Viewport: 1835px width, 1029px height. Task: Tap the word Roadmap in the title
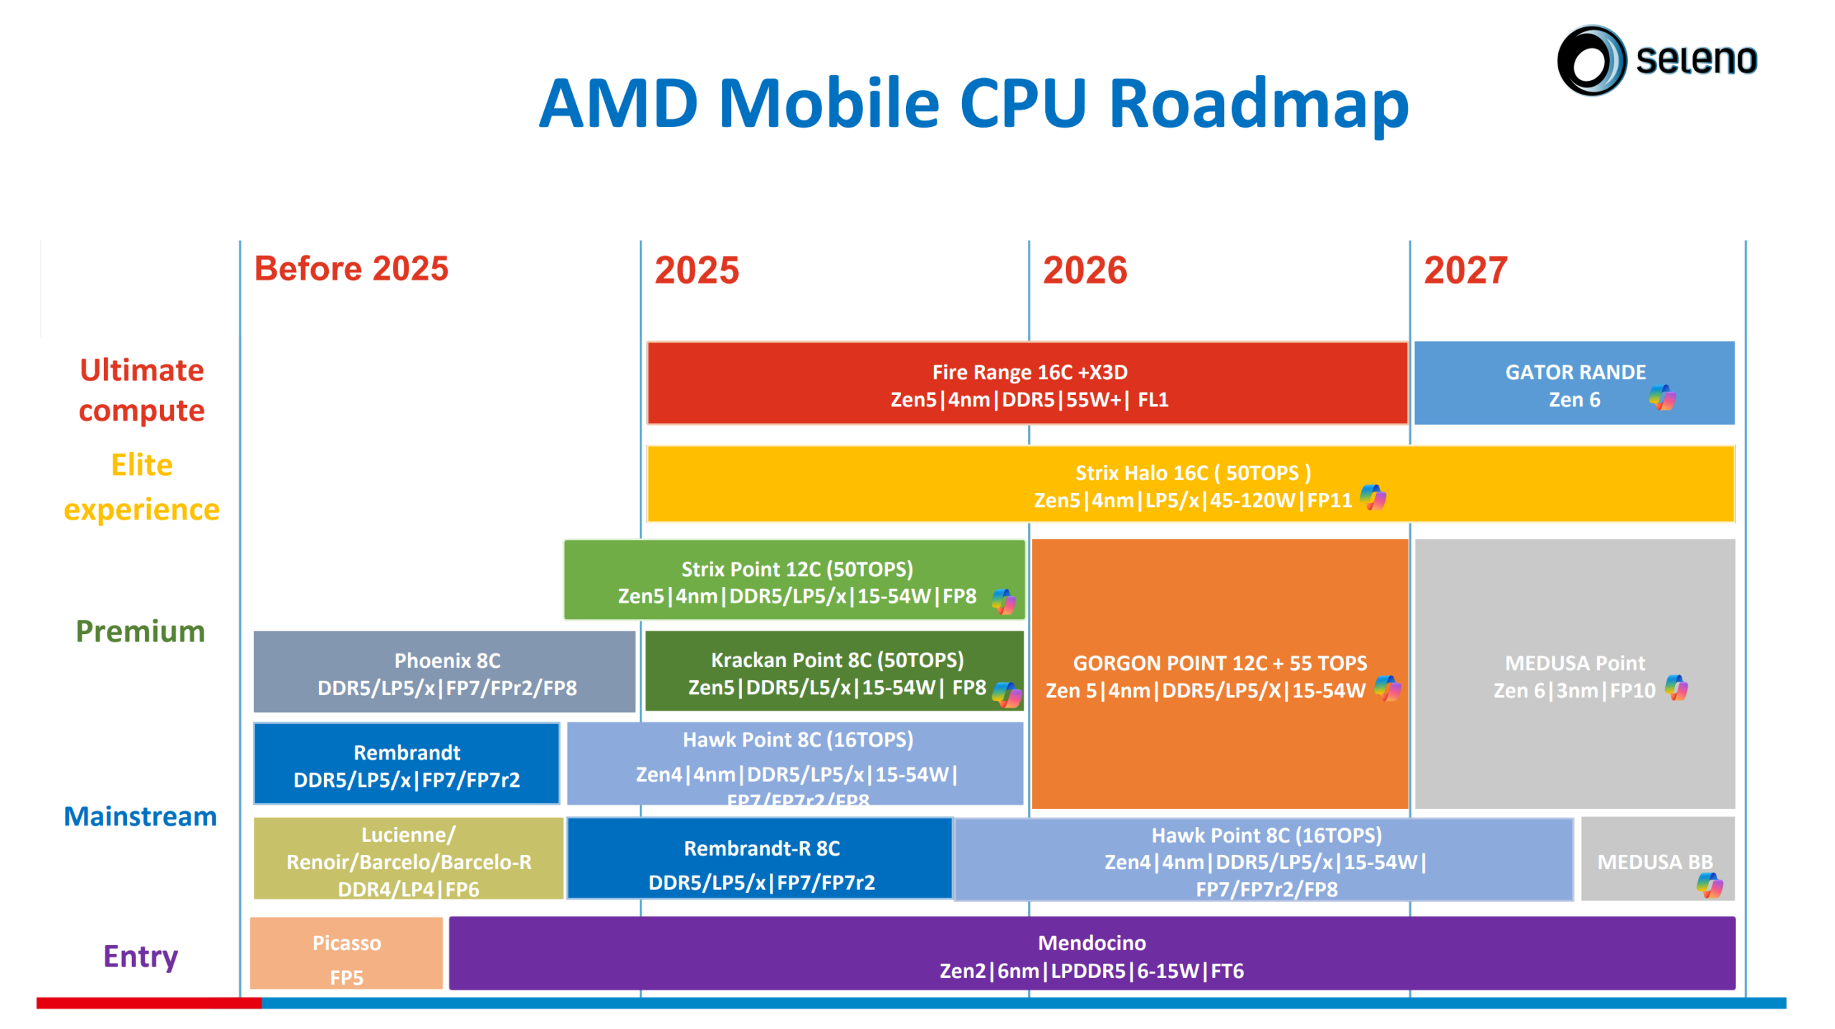click(x=1258, y=104)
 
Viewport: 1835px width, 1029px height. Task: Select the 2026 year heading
click(x=1084, y=270)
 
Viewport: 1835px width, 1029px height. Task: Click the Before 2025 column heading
click(x=351, y=269)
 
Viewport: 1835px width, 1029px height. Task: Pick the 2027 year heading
click(x=1464, y=270)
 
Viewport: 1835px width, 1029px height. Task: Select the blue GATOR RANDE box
click(x=1573, y=384)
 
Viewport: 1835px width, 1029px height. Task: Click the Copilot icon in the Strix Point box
click(x=1003, y=601)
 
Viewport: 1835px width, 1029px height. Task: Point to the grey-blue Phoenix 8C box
click(x=444, y=672)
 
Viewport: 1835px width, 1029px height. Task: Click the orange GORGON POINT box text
click(x=1219, y=676)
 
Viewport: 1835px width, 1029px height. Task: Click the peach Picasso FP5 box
click(x=346, y=954)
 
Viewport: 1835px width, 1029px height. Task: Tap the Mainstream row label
click(x=140, y=816)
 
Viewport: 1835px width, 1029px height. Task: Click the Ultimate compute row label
click(x=141, y=390)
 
